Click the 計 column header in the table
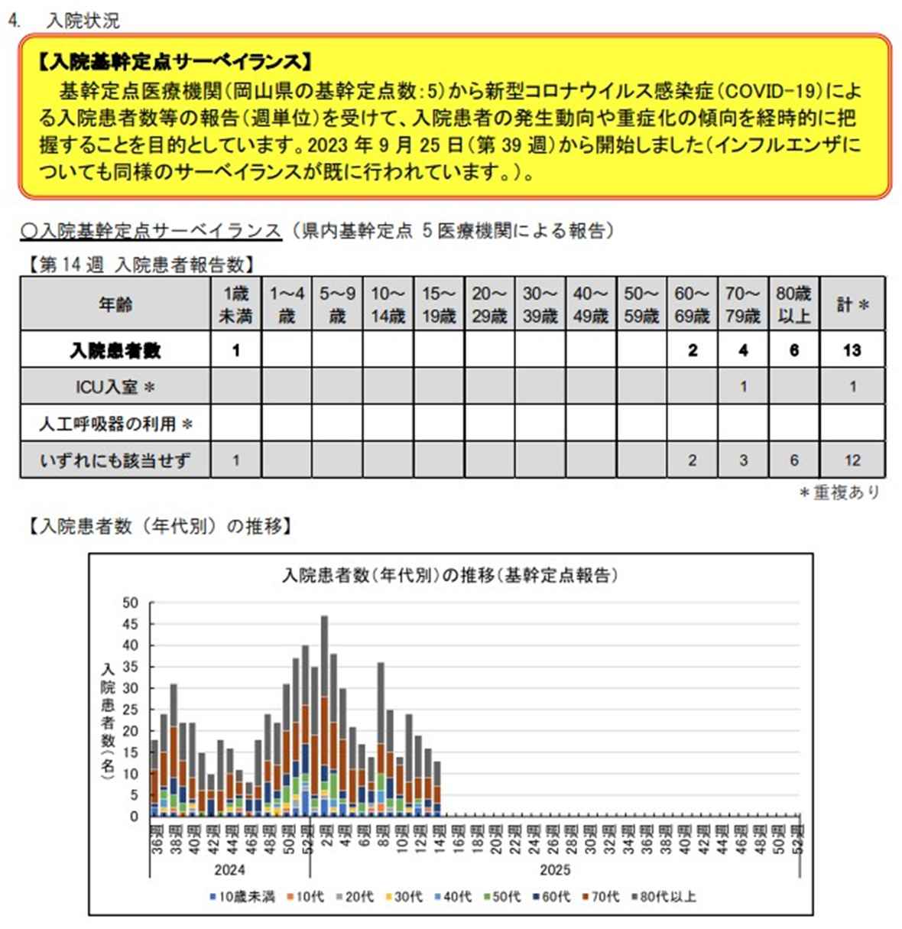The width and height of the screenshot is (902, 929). pos(852,304)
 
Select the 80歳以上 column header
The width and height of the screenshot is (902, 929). pos(793,304)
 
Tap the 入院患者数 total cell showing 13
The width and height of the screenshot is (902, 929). pos(852,350)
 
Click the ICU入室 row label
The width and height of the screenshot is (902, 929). pos(115,387)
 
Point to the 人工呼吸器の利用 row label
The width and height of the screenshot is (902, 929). pos(115,424)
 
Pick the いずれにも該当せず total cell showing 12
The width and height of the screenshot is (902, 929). pos(852,460)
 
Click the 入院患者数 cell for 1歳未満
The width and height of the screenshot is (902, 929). pos(236,350)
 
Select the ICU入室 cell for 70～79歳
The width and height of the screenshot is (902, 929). pos(743,387)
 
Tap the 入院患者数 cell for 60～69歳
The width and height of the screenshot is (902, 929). pos(692,350)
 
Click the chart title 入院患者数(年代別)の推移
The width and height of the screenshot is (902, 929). pos(450,575)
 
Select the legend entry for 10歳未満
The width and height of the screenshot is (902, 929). pos(242,896)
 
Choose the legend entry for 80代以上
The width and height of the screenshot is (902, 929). pos(664,896)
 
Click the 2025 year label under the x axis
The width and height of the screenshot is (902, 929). pos(555,870)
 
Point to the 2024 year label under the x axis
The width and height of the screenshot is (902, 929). pos(229,870)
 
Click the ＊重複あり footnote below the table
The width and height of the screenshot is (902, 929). pos(839,492)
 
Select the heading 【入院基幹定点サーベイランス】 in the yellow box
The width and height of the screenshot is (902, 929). pos(175,62)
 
